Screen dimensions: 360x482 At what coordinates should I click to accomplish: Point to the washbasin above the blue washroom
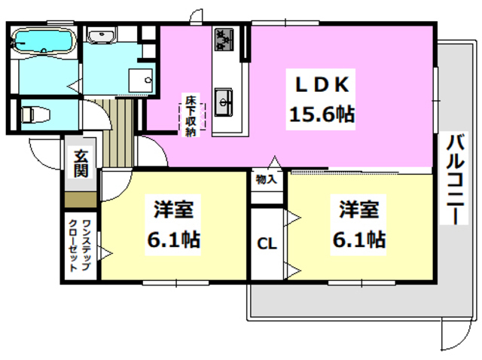point(100,35)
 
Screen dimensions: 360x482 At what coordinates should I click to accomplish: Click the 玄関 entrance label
point(81,163)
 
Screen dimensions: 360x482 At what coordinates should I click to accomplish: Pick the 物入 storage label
point(267,180)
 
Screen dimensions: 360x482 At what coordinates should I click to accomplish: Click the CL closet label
point(267,243)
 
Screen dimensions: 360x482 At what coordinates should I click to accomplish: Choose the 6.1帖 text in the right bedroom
point(358,240)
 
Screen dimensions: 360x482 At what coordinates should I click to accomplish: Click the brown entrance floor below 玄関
point(81,200)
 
